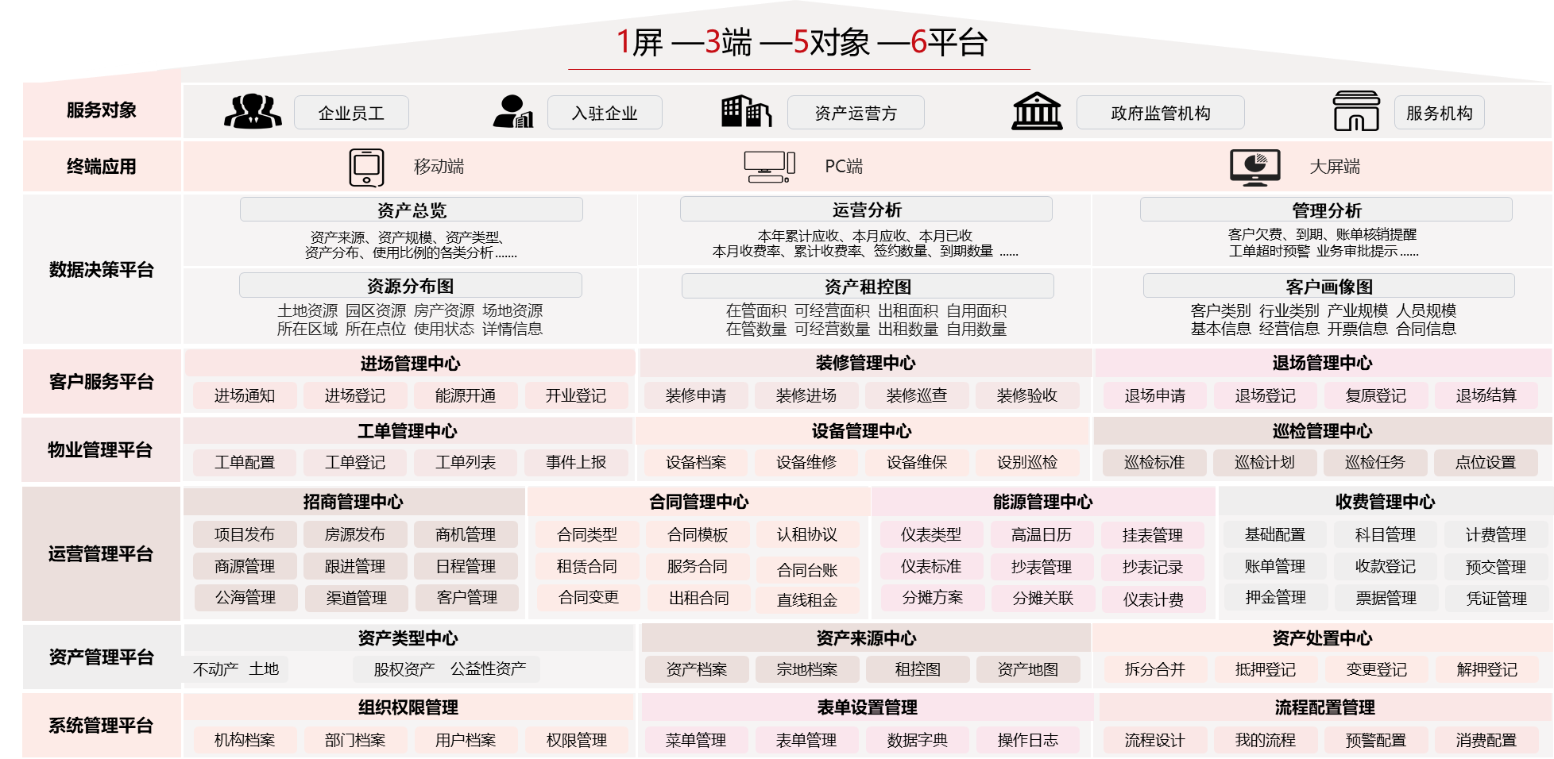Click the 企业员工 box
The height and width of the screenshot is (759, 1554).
coord(351,113)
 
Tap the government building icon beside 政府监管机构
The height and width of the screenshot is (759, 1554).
coord(1037,111)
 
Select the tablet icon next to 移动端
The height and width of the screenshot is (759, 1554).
coord(366,168)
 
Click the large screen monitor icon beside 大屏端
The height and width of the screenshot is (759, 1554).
coord(1254,167)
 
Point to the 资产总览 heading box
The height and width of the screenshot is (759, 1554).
coord(412,210)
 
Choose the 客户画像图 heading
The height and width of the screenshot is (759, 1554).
coord(1329,286)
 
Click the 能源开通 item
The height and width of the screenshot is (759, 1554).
coord(466,395)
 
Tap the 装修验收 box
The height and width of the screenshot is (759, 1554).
coord(1027,395)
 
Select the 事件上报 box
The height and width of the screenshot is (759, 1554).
coord(576,462)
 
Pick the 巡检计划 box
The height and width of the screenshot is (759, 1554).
coord(1265,462)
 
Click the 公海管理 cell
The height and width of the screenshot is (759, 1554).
coord(245,597)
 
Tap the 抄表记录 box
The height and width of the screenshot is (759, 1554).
coord(1153,567)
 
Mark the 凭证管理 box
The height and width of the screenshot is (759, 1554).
coord(1497,599)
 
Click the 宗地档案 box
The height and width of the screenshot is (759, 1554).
coord(807,669)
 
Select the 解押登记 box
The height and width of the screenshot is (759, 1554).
coord(1487,669)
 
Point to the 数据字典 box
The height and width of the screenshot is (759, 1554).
coord(918,740)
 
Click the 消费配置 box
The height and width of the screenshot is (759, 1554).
coord(1486,740)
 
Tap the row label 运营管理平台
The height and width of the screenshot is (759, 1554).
coord(101,553)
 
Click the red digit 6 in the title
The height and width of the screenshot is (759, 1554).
coord(918,42)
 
